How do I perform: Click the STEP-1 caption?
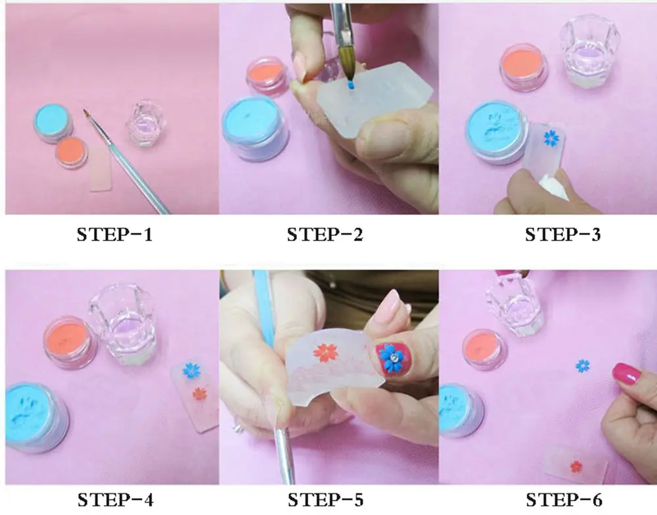(x=114, y=235)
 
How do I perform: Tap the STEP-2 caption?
(x=325, y=235)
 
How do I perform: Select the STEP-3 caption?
(x=563, y=235)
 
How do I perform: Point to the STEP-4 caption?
(x=115, y=500)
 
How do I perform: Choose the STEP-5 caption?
(x=325, y=500)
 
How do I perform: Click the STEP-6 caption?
(x=564, y=500)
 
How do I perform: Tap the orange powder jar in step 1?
(x=72, y=152)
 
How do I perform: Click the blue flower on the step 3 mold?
(x=552, y=138)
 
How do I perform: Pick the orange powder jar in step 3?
(x=524, y=68)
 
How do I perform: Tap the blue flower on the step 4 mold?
(x=192, y=370)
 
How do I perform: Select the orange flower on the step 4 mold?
(x=200, y=393)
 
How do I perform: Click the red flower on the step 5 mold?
(x=326, y=353)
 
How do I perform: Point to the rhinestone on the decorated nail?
(x=394, y=357)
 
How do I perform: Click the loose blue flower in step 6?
(x=582, y=366)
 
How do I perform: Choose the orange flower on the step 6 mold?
(x=577, y=466)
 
